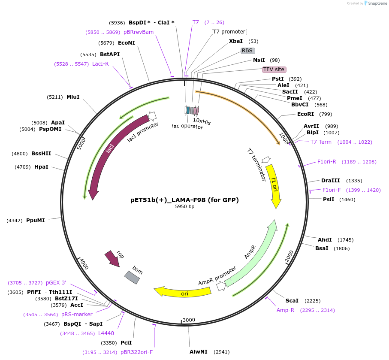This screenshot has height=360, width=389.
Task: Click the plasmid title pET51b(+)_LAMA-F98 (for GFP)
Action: [184, 200]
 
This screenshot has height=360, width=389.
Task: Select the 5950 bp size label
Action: [184, 207]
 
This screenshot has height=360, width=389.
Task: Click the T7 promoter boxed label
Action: [229, 32]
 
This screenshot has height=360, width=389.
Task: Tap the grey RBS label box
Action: [247, 51]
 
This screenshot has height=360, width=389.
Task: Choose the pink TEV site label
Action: [274, 70]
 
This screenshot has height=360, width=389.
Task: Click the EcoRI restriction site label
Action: [305, 114]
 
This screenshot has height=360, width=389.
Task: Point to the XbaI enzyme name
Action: [236, 41]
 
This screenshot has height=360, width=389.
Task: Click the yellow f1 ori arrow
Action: [274, 185]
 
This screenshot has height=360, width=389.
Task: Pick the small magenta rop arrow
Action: [113, 259]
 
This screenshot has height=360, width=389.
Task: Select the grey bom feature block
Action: [132, 277]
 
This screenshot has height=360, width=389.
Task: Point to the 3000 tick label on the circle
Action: [189, 320]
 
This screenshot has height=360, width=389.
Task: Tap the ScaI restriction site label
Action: [292, 301]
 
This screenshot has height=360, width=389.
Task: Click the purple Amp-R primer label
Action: [285, 310]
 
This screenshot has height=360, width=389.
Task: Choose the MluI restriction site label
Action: [73, 97]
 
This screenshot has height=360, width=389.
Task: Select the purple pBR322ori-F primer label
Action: [136, 352]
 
